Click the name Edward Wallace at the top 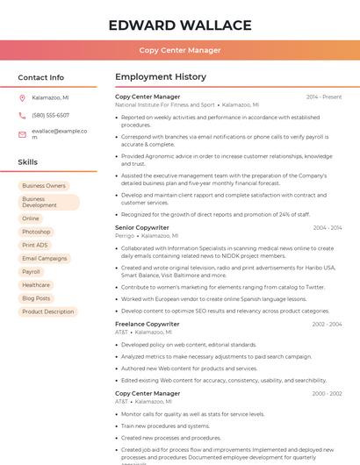point(180,25)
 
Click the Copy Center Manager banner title point(180,50)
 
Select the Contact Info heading point(41,77)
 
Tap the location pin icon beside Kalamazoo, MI point(22,97)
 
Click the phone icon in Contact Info point(22,115)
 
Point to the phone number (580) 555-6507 point(50,115)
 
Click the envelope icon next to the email point(22,134)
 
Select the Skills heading point(28,162)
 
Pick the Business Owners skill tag point(44,186)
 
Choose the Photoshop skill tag point(36,232)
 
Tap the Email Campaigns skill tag point(45,258)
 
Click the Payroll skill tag point(32,272)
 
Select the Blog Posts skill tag point(36,298)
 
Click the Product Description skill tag point(48,311)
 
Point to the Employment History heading point(161,77)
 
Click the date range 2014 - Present point(324,97)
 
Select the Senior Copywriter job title point(142,227)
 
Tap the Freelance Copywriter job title point(148,324)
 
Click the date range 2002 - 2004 point(327,325)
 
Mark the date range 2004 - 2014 point(328,228)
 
